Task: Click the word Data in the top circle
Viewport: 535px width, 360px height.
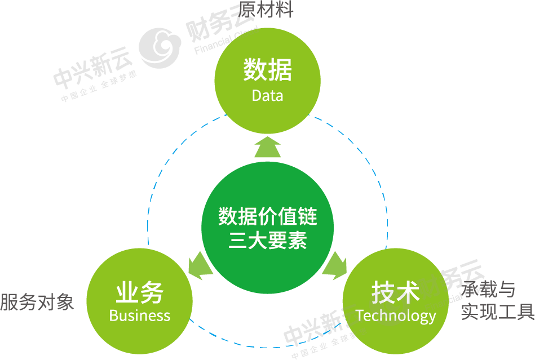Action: click(267, 95)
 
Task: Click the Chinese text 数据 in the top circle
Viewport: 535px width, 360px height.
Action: click(267, 70)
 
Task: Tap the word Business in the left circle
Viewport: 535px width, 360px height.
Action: click(139, 315)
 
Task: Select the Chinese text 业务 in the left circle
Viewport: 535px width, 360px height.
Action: click(139, 293)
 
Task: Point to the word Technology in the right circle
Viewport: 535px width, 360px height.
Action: click(396, 315)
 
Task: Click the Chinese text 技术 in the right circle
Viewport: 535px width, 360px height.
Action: click(396, 293)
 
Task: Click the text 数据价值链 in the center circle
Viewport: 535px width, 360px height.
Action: click(267, 216)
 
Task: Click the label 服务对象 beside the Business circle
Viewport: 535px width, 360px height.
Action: click(37, 302)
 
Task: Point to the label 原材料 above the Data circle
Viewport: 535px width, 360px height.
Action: click(266, 9)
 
